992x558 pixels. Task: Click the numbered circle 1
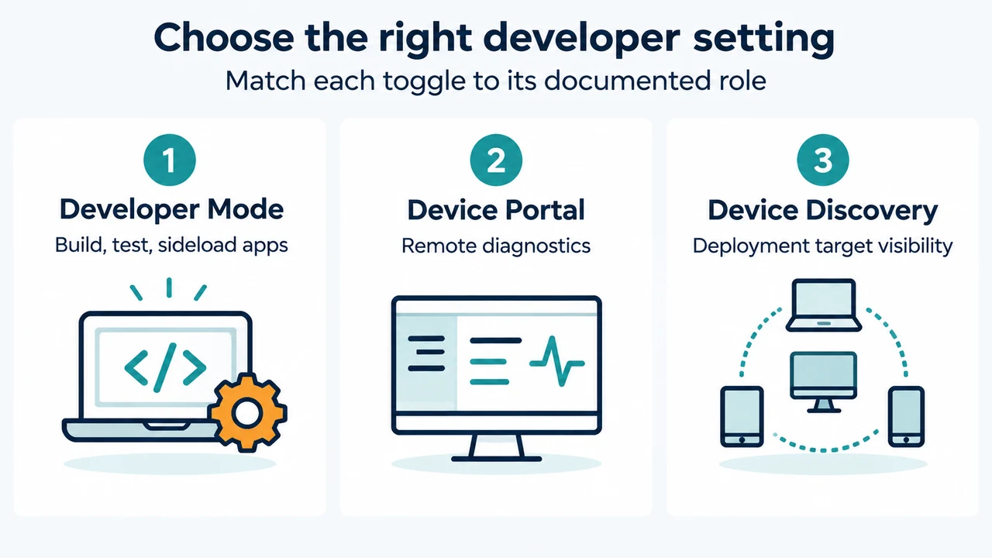[x=170, y=160]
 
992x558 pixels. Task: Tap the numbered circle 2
[x=496, y=160]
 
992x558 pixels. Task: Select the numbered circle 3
[x=823, y=160]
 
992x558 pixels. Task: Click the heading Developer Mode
[x=171, y=209]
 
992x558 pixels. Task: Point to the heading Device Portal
[x=496, y=210]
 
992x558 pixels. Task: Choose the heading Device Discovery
[x=823, y=210]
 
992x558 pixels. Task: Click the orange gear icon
[x=248, y=413]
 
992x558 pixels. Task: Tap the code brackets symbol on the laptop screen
[x=165, y=367]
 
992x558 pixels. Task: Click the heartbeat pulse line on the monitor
[x=557, y=361]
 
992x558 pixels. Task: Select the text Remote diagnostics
[x=496, y=246]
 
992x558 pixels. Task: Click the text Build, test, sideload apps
[x=171, y=246]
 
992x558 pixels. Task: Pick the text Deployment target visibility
[x=823, y=246]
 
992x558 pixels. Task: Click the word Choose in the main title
[x=224, y=38]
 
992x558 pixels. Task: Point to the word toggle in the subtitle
[x=424, y=82]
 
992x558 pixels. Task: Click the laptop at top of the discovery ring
[x=824, y=305]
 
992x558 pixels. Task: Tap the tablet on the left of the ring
[x=742, y=416]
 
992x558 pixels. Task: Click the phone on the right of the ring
[x=906, y=416]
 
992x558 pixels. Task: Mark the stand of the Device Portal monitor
[x=496, y=448]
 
